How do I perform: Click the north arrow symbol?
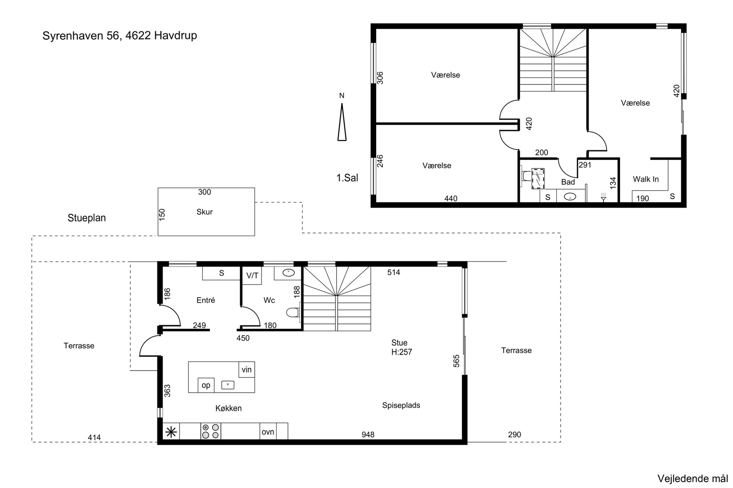click(x=342, y=122)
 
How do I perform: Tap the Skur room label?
click(x=205, y=212)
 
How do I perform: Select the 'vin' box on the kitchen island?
click(x=247, y=370)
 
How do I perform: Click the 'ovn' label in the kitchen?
click(x=268, y=432)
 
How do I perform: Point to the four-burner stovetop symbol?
click(x=211, y=431)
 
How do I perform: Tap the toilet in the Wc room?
click(x=293, y=312)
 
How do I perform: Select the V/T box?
click(x=252, y=276)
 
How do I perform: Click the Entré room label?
click(x=206, y=300)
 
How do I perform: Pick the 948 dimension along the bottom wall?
click(x=368, y=435)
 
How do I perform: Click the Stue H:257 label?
click(x=402, y=347)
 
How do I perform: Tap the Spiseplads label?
click(x=401, y=406)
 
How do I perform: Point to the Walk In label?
click(x=646, y=179)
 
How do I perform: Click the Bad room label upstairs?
click(x=568, y=182)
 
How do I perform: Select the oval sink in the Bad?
click(x=570, y=197)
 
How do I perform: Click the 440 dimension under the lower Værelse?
click(x=451, y=198)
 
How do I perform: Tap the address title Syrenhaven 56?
click(x=82, y=36)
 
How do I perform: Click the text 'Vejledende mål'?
click(x=693, y=478)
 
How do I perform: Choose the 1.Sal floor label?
click(x=347, y=178)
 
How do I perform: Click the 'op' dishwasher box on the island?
click(x=206, y=385)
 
